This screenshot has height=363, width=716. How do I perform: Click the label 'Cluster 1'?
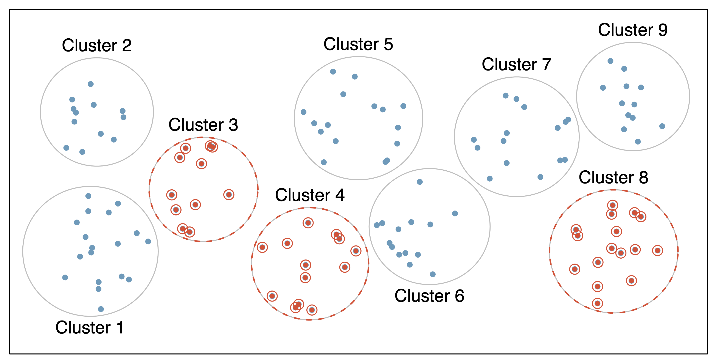90,327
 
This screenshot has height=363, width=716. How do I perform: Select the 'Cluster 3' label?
203,125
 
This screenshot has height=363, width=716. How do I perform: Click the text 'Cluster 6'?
429,296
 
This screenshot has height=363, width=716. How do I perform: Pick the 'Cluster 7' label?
516,64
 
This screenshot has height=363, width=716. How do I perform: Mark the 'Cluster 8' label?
613,177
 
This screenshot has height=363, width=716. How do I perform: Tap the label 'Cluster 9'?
633,30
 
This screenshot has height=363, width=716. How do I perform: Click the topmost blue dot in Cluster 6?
420,182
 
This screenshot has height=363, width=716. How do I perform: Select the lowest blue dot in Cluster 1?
101,309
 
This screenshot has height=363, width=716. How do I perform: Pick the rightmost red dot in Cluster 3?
229,195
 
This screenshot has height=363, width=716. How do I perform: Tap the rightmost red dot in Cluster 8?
657,251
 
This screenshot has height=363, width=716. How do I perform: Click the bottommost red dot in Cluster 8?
597,303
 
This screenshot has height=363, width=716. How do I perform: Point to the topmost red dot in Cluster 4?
308,223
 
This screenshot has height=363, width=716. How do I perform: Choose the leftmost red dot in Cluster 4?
262,247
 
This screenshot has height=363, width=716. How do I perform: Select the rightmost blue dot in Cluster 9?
662,126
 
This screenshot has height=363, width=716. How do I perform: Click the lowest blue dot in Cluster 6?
432,274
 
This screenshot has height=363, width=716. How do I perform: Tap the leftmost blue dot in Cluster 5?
304,112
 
